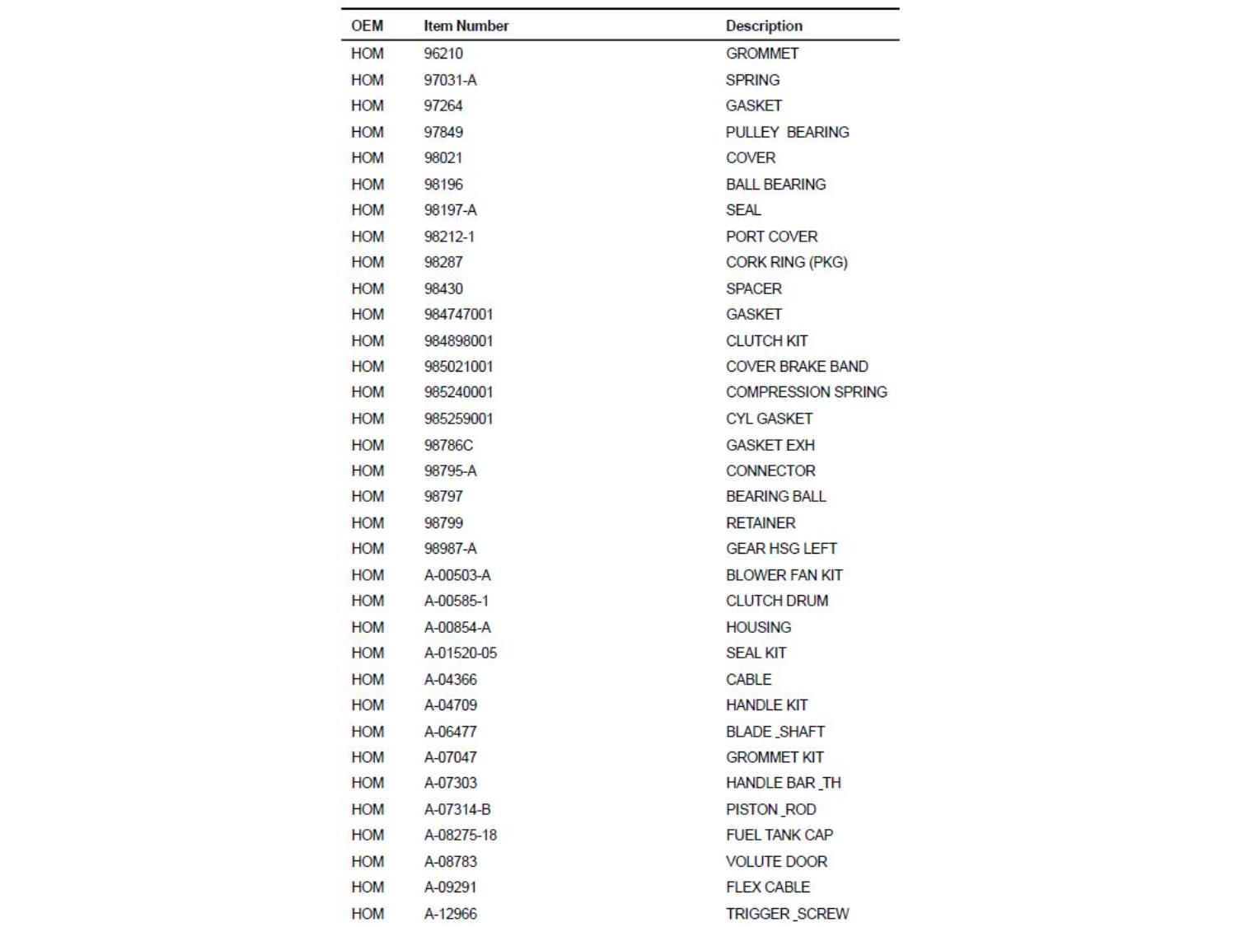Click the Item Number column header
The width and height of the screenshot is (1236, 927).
(466, 26)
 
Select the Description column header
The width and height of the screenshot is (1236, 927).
(763, 26)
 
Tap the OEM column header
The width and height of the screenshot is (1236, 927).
(367, 26)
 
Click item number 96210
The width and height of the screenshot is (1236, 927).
(443, 54)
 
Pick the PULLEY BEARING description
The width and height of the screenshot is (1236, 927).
(787, 132)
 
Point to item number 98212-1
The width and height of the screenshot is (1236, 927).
(449, 236)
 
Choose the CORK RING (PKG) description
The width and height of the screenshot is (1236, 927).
(786, 262)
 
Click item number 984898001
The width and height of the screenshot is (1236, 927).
(458, 340)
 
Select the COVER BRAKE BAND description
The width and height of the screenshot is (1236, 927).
(796, 367)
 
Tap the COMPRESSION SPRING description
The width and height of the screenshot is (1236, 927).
(806, 392)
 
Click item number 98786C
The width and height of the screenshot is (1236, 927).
(448, 445)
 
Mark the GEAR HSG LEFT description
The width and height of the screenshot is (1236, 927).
(780, 549)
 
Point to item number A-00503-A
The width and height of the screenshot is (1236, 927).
(457, 575)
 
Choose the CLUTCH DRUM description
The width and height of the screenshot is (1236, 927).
(776, 601)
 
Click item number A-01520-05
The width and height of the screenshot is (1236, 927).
(460, 653)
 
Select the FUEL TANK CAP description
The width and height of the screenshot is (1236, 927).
(779, 835)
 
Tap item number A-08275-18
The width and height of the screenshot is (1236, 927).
(460, 835)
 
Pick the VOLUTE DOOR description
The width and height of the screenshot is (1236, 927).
(776, 861)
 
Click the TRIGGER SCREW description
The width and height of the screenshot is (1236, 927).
(787, 913)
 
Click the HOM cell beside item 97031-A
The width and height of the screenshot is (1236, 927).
(367, 80)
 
